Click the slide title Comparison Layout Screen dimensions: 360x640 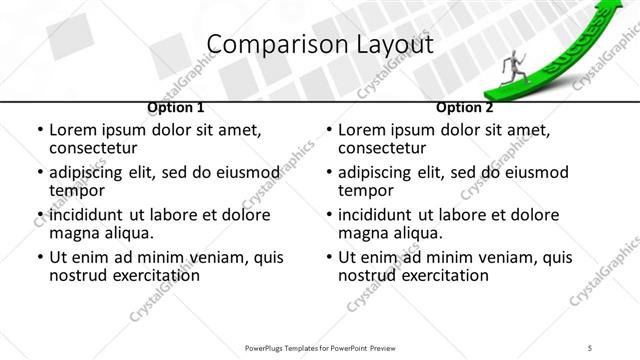[x=319, y=44]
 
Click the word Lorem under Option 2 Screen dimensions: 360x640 [x=362, y=130]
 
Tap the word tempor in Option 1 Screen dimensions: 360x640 [x=75, y=190]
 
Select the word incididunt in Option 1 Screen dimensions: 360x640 [x=87, y=215]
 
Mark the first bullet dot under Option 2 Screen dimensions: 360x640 [x=330, y=131]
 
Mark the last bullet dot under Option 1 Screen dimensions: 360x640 [x=40, y=258]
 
